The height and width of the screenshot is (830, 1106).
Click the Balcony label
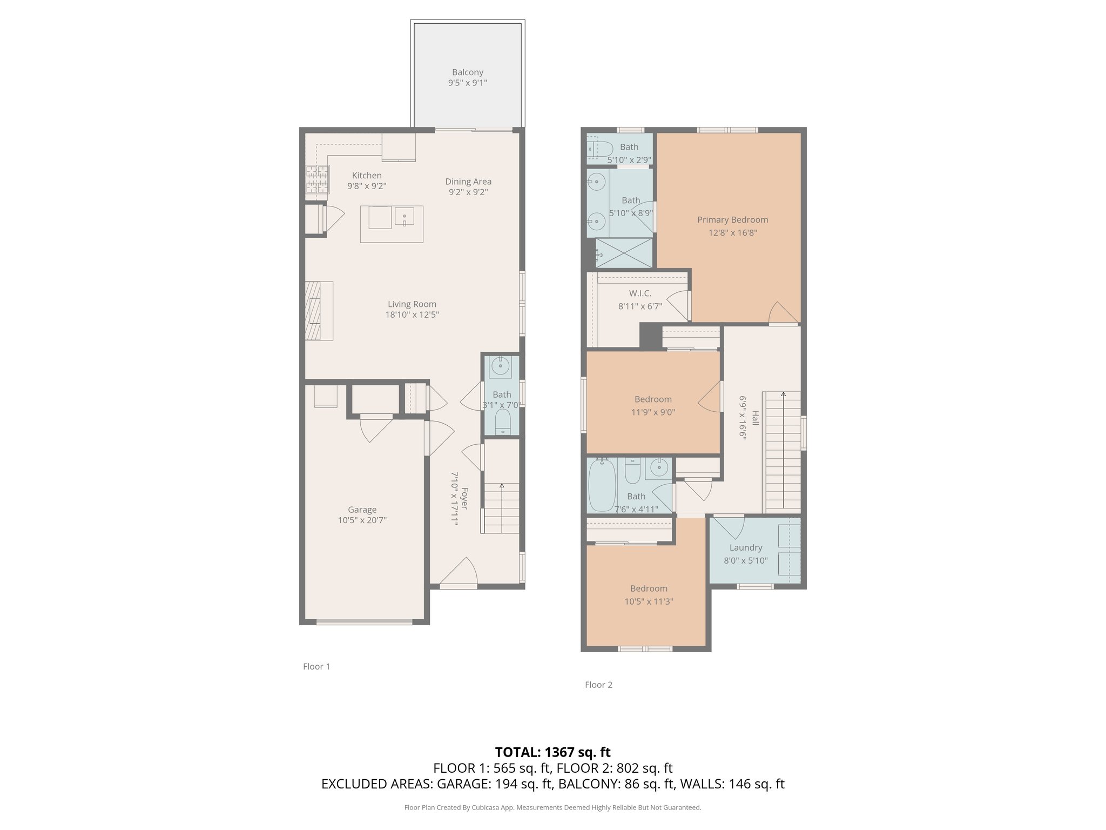(x=467, y=72)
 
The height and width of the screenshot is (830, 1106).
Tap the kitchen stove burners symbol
(x=317, y=179)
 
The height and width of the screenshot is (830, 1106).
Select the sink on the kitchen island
(x=404, y=218)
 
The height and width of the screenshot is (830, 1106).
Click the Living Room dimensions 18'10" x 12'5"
(x=412, y=314)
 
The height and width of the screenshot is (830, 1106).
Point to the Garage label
(x=362, y=510)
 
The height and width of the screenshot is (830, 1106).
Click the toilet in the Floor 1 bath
(x=503, y=421)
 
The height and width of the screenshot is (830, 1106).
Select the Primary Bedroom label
(x=732, y=220)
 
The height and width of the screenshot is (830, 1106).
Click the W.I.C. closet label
(x=640, y=293)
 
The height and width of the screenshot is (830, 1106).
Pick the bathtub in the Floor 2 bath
(x=601, y=485)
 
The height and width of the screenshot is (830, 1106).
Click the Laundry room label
(x=746, y=547)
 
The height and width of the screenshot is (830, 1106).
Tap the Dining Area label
(x=468, y=182)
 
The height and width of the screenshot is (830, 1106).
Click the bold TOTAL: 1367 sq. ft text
(x=552, y=752)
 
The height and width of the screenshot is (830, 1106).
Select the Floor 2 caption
(x=598, y=685)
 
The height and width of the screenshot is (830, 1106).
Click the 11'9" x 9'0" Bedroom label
(x=653, y=399)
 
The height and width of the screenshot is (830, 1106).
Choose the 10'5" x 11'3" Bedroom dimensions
(x=649, y=601)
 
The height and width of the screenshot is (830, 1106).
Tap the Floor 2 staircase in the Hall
(x=783, y=454)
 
